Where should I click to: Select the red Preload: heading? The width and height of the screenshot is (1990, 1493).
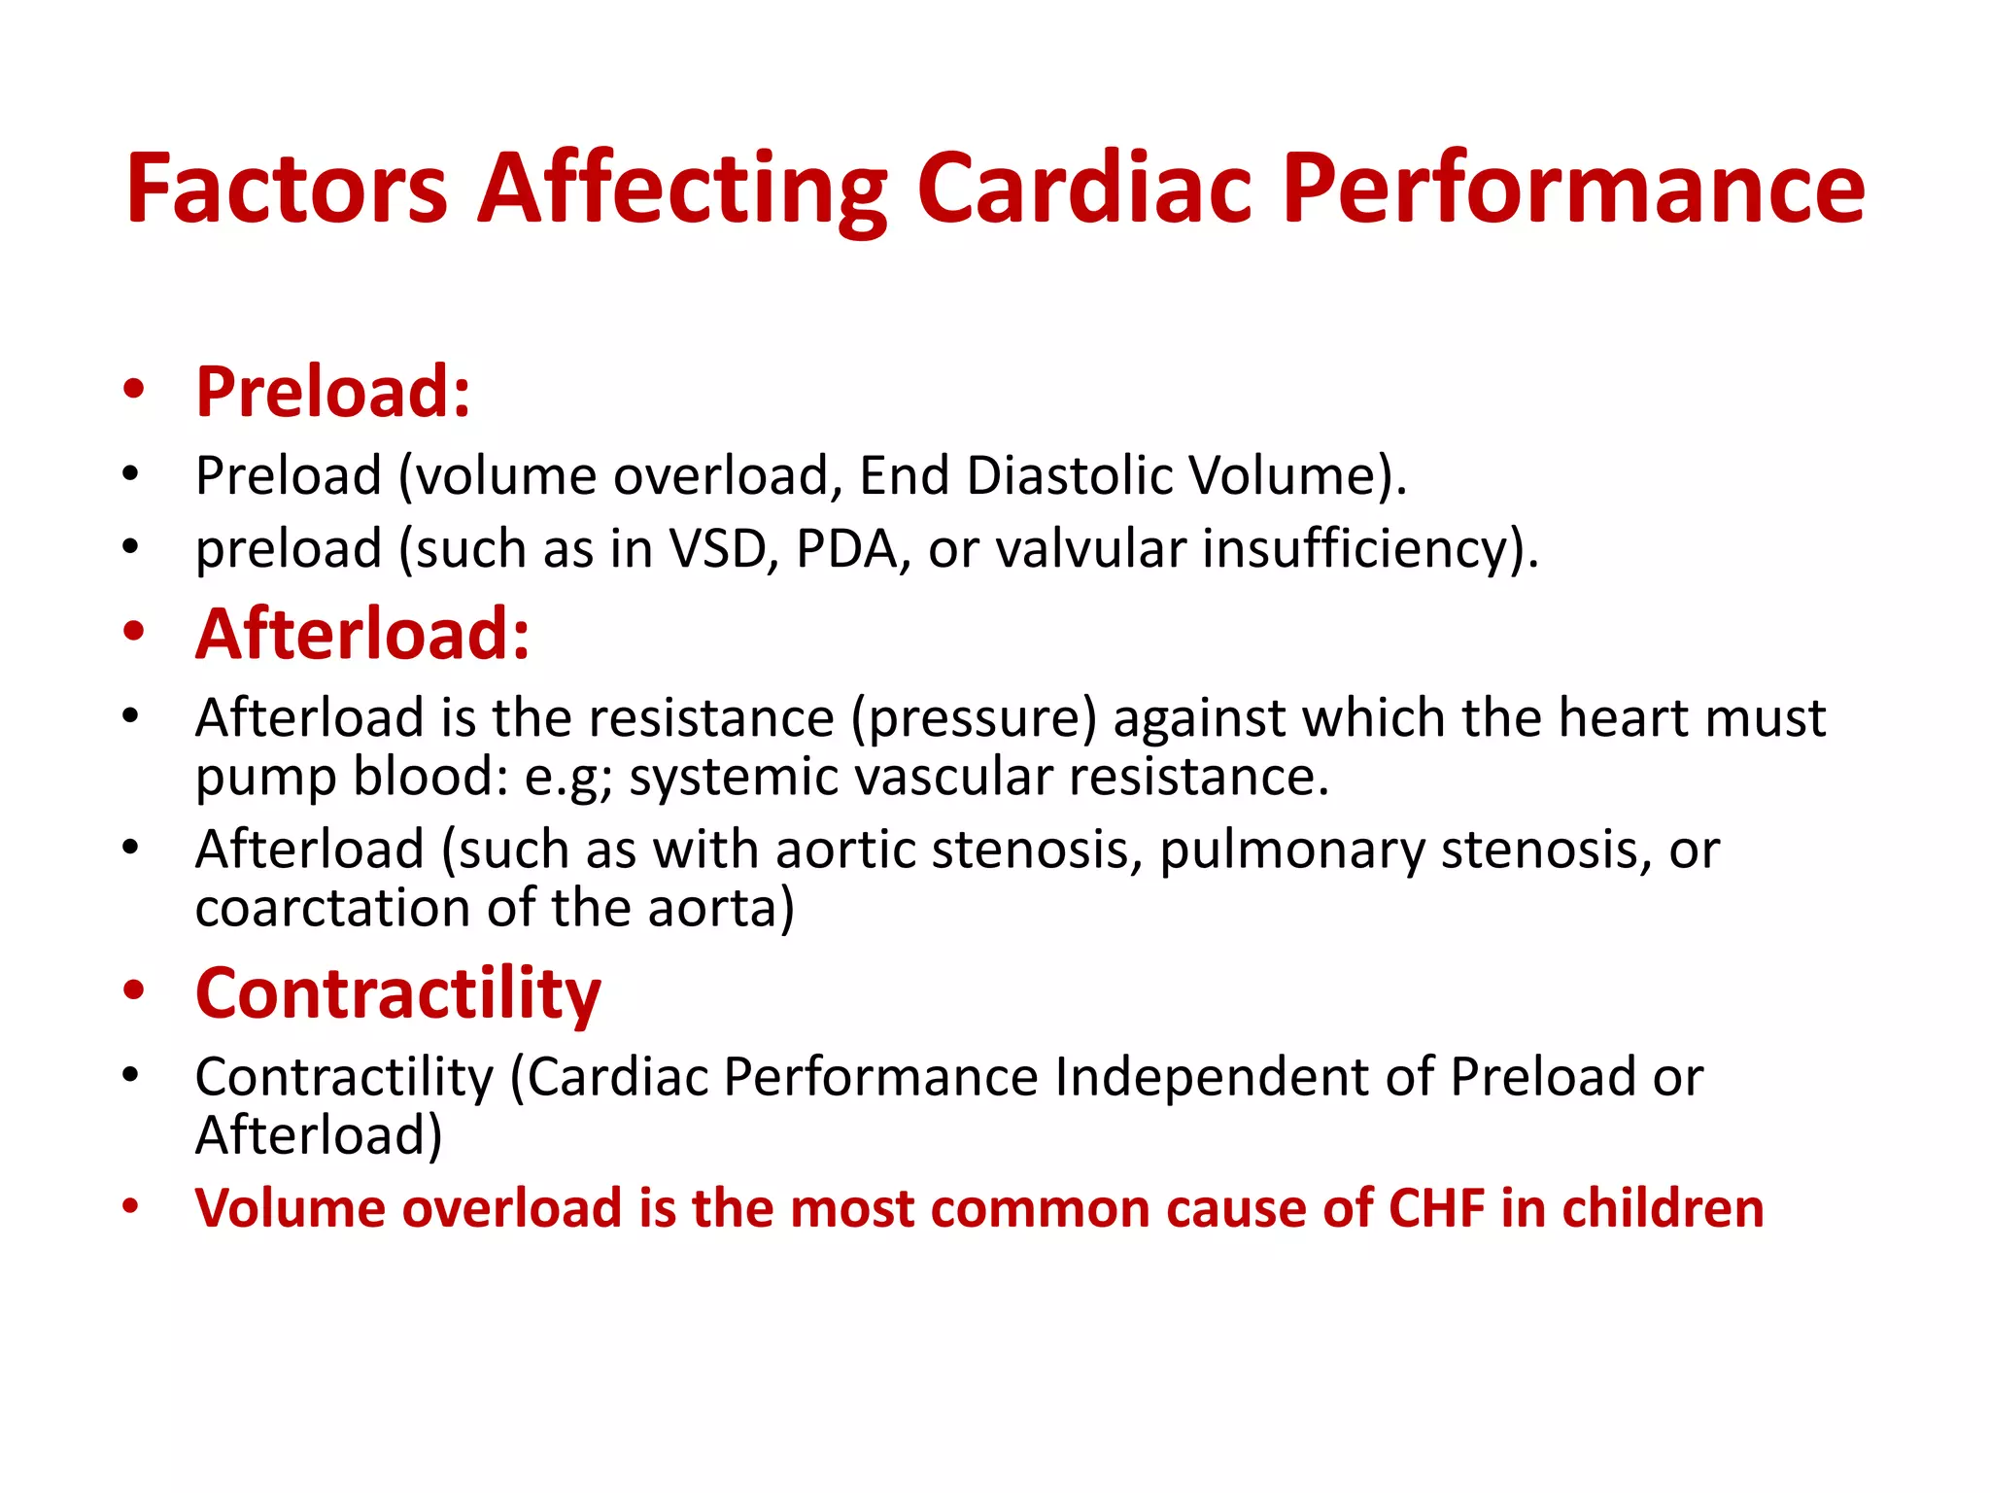[x=333, y=392]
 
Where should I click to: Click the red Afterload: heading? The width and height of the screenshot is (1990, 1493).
[x=362, y=634]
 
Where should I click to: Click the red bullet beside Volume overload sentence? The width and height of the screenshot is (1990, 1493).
[x=131, y=1208]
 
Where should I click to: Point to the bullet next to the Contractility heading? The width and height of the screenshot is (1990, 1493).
[x=134, y=991]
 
